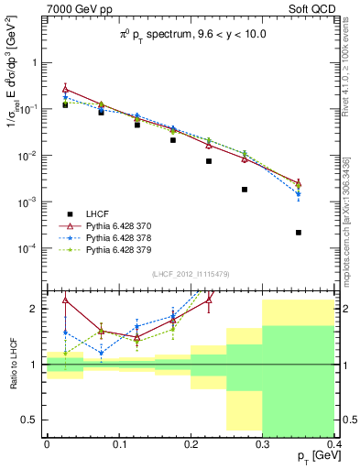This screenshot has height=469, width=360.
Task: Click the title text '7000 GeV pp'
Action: tap(75, 10)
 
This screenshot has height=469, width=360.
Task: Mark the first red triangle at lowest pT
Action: tap(65, 90)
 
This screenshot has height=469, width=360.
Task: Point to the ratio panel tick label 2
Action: tap(37, 309)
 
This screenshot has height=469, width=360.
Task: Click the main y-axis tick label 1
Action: tap(37, 63)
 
